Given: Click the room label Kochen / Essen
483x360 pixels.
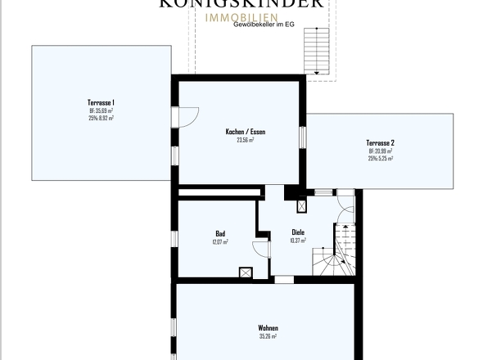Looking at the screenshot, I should tap(246, 132).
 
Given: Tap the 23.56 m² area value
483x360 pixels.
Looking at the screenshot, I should tap(246, 140).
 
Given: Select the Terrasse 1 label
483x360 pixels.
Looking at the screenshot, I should tap(102, 102).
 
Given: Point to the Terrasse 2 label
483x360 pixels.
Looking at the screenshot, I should tap(380, 142).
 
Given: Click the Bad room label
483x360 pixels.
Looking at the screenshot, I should tap(220, 233).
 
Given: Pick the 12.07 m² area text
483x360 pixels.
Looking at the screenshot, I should tap(220, 241).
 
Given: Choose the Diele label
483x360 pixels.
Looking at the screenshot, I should tap(298, 232).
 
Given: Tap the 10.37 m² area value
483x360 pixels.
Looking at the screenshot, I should tap(298, 241).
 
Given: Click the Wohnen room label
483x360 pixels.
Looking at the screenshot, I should tap(268, 327).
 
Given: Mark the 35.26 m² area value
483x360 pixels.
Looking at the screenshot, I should tap(268, 335).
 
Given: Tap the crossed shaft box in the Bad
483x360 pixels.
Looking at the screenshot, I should tap(244, 273).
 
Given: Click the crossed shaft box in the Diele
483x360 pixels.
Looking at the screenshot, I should tap(300, 207).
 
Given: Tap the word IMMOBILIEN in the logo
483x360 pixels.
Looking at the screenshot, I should tap(241, 16).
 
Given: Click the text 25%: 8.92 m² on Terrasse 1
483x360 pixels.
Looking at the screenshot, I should tap(102, 118).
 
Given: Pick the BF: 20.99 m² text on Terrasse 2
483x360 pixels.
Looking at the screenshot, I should tap(380, 151).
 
